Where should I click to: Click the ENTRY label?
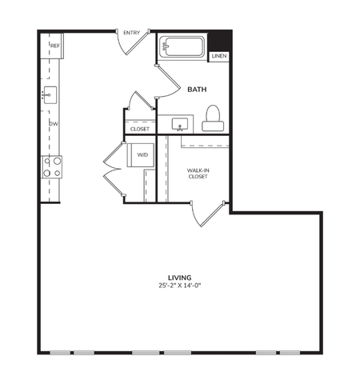coord(133,33)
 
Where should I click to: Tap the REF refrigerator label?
coord(55,46)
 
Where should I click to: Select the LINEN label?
coord(218,57)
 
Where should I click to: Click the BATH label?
coord(198,90)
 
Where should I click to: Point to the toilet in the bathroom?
coord(213,118)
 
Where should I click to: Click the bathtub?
coord(182,46)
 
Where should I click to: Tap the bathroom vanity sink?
coord(179,124)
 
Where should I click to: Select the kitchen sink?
coord(50,94)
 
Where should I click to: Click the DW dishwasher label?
coord(54,124)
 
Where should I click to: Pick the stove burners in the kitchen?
coord(52,166)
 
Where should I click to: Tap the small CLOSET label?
coord(140,128)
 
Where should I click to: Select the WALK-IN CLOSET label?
coord(198,174)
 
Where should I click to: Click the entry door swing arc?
coord(128,46)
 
